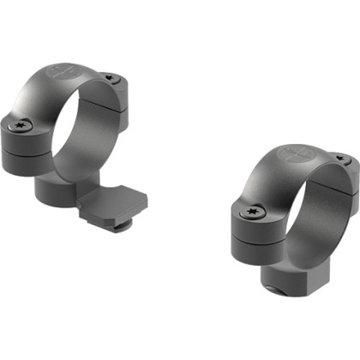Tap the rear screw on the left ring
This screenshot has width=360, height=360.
click(112, 78)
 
